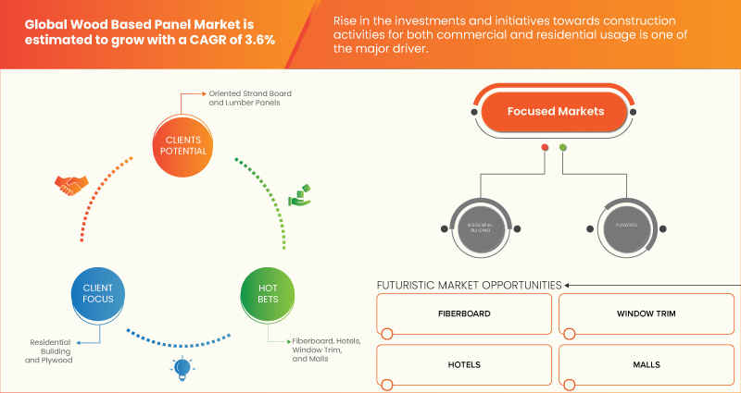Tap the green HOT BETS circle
(x=268, y=295)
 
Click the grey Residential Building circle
(x=479, y=226)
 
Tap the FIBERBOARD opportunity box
(x=464, y=314)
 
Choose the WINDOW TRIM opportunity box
(x=646, y=314)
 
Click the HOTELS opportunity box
(x=464, y=364)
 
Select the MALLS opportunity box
(x=646, y=364)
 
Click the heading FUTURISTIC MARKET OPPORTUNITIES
(x=469, y=285)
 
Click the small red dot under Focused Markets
(x=545, y=148)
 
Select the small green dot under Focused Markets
(x=563, y=148)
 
